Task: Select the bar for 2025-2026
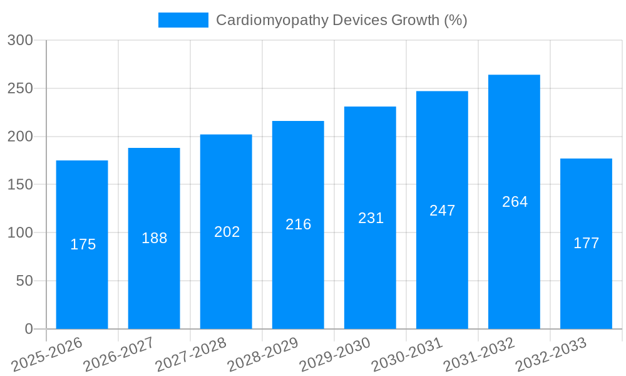click(x=82, y=244)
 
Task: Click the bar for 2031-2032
click(x=514, y=202)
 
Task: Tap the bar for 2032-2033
click(x=586, y=244)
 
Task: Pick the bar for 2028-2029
click(x=298, y=224)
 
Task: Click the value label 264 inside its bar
click(x=515, y=202)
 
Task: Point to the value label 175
click(x=83, y=244)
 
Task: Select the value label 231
click(x=371, y=218)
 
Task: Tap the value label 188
click(x=154, y=238)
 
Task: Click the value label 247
click(x=442, y=211)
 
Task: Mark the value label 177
click(x=586, y=243)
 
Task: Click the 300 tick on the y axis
click(x=20, y=40)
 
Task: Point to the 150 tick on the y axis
click(x=20, y=185)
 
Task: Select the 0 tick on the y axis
click(x=28, y=329)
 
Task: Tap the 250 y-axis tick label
click(x=20, y=88)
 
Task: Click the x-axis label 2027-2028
click(x=191, y=354)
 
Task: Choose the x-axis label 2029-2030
click(x=335, y=354)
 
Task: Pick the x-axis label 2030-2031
click(x=407, y=354)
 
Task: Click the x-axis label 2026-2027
click(x=119, y=354)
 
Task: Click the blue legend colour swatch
click(x=183, y=20)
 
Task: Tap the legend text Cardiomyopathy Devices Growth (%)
click(x=341, y=20)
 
